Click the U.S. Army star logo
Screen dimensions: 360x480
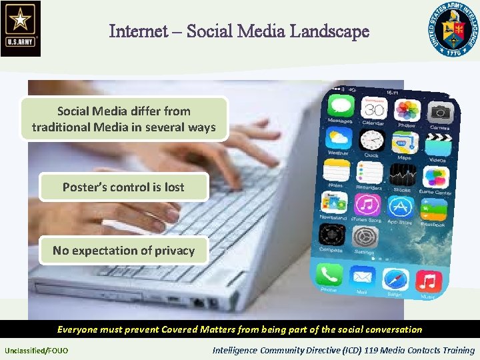tap(21, 27)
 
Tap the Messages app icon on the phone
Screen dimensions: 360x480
tap(339, 107)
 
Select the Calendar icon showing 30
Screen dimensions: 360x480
tap(373, 108)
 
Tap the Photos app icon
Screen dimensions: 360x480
tap(407, 111)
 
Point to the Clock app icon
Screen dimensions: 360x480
tap(371, 141)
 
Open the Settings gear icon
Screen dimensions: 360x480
tap(365, 236)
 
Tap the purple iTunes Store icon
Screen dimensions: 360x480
tap(367, 204)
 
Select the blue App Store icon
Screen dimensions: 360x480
tap(400, 205)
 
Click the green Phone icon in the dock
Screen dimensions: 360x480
tap(329, 274)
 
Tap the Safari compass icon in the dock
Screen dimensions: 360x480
tap(395, 278)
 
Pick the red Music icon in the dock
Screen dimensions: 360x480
tap(427, 281)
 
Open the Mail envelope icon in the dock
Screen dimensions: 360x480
tap(362, 276)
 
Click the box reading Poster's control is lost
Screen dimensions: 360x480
tap(123, 187)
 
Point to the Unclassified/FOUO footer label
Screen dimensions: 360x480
tap(36, 350)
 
